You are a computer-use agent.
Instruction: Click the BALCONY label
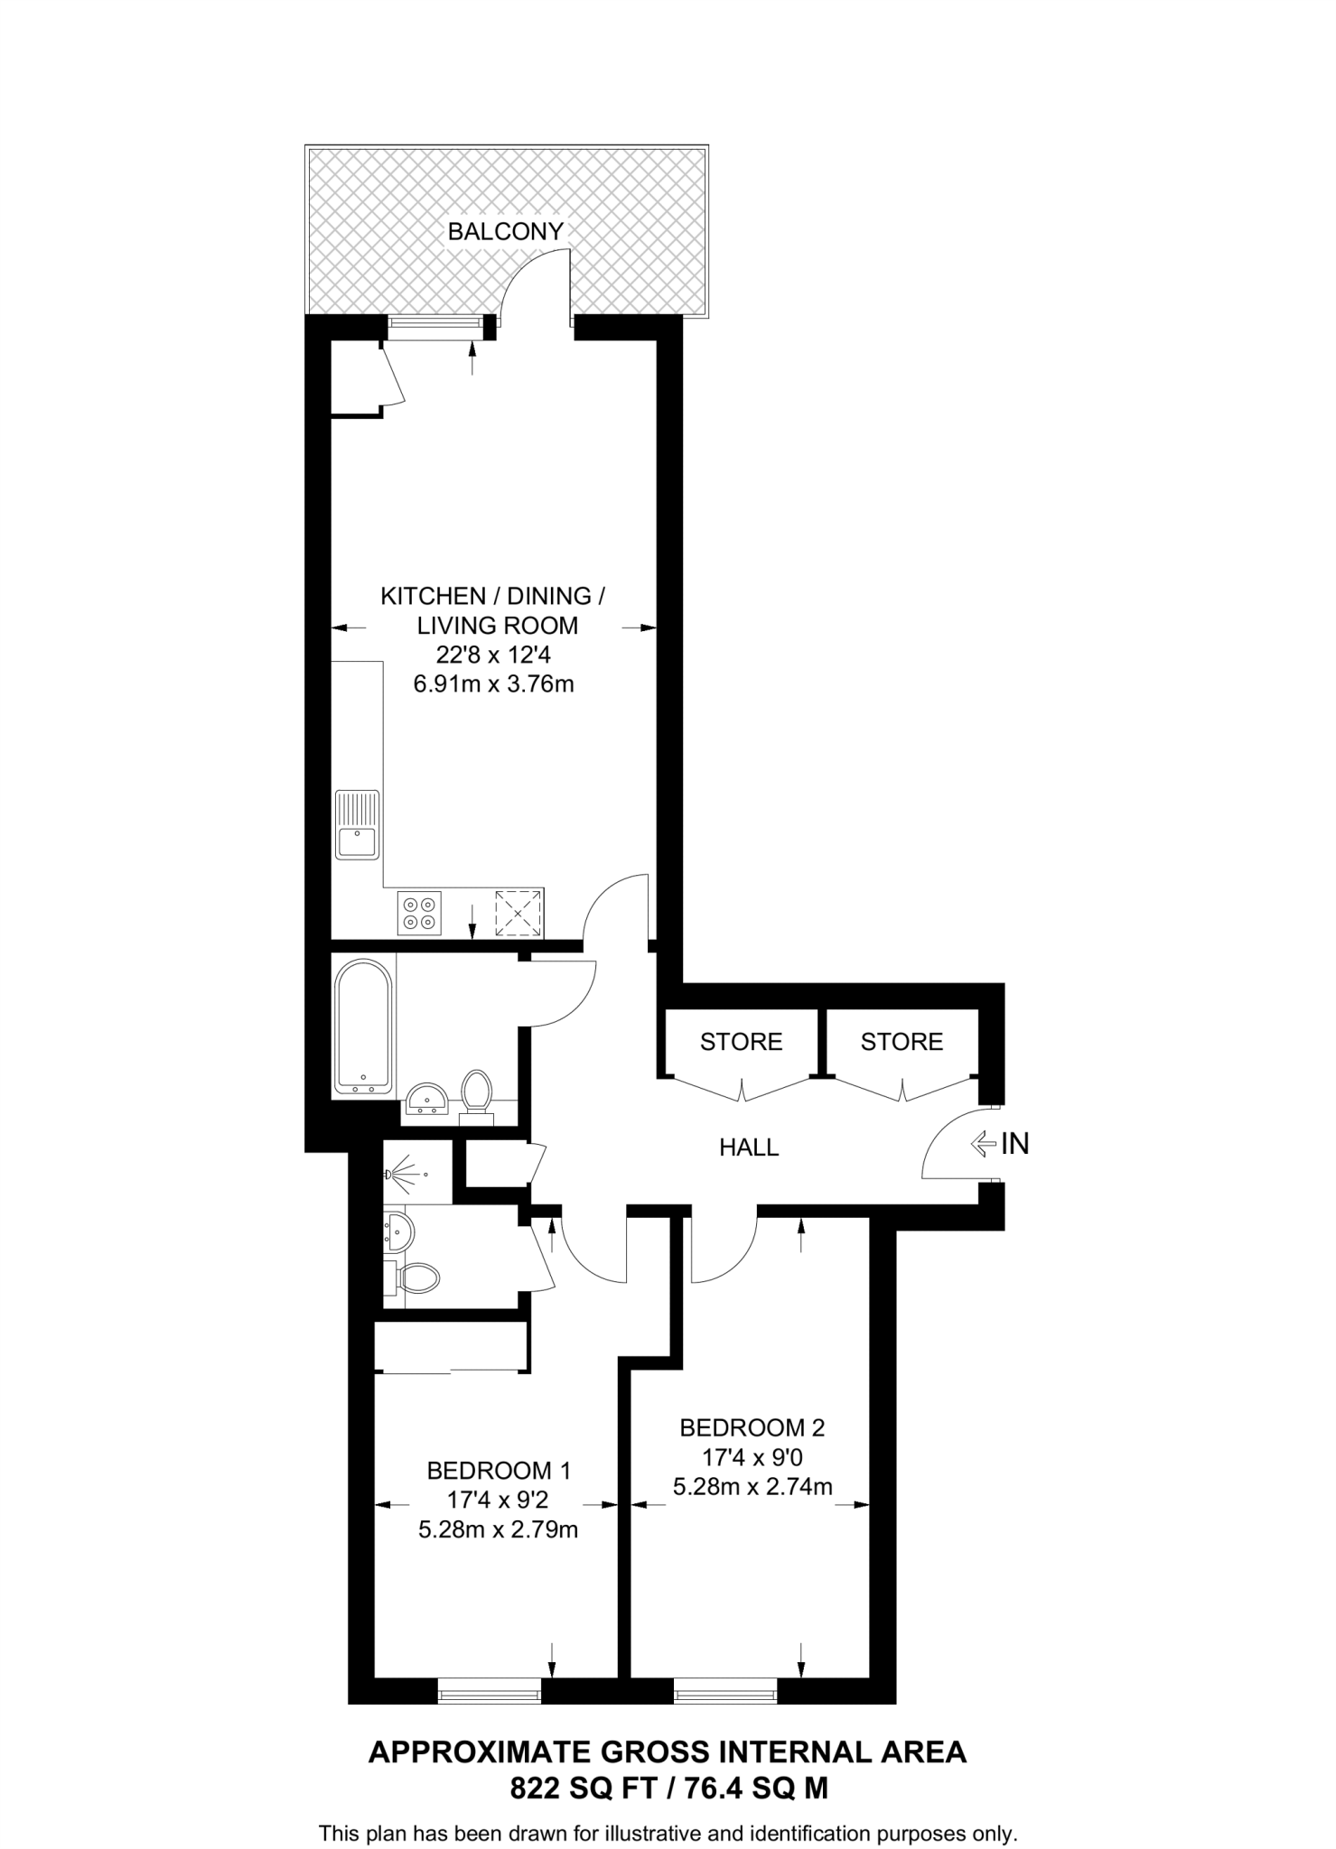pos(505,231)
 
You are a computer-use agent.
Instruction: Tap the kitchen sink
pos(357,825)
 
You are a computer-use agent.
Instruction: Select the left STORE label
pos(741,1042)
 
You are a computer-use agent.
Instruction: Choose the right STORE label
pos(902,1042)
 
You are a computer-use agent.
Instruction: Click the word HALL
pos(749,1147)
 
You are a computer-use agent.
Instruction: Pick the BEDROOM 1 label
pos(499,1471)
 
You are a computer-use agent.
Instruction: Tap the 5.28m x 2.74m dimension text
pos(752,1486)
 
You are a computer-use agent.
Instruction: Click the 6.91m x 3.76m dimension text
pos(493,684)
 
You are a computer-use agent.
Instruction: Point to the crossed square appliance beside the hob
pos(519,912)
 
